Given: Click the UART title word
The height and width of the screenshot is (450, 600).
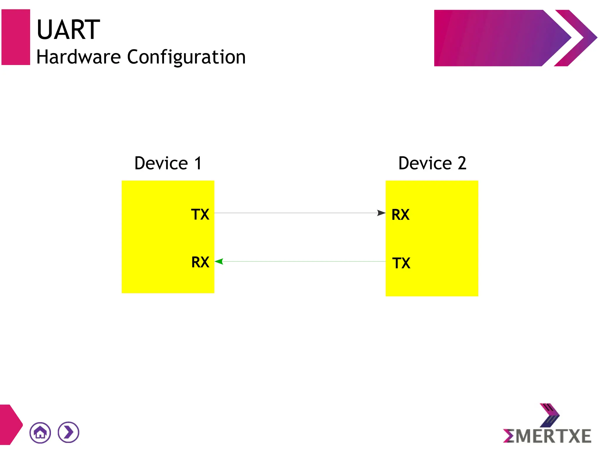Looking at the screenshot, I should tap(68, 30).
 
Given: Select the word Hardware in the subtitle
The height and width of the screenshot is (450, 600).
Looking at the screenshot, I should tap(79, 57).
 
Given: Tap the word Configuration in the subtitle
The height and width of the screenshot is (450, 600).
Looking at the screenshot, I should tap(186, 57).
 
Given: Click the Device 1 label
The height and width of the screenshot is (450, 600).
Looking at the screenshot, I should tap(168, 163).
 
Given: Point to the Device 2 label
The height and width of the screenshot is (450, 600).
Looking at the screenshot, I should tap(432, 163).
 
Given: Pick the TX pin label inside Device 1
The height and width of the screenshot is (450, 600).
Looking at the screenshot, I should tap(200, 214).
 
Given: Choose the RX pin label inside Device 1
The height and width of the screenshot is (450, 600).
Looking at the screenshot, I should tap(200, 262).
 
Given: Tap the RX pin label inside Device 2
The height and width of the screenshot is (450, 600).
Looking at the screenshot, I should tap(400, 214).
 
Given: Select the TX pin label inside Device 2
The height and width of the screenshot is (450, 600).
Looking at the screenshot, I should tap(401, 263).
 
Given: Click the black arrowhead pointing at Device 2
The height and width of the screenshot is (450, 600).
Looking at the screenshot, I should tap(381, 213).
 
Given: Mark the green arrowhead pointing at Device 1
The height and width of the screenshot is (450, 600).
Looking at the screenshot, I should tap(219, 261).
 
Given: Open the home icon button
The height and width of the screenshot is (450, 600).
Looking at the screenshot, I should tap(40, 432).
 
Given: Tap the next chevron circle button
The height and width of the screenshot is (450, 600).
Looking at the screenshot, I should tap(69, 432).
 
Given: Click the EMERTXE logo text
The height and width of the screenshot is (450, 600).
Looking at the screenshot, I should tap(547, 436).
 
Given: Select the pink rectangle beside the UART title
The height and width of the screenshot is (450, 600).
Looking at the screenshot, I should tap(16, 37).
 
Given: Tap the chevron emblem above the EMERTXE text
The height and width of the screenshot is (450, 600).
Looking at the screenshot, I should tap(550, 415).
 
